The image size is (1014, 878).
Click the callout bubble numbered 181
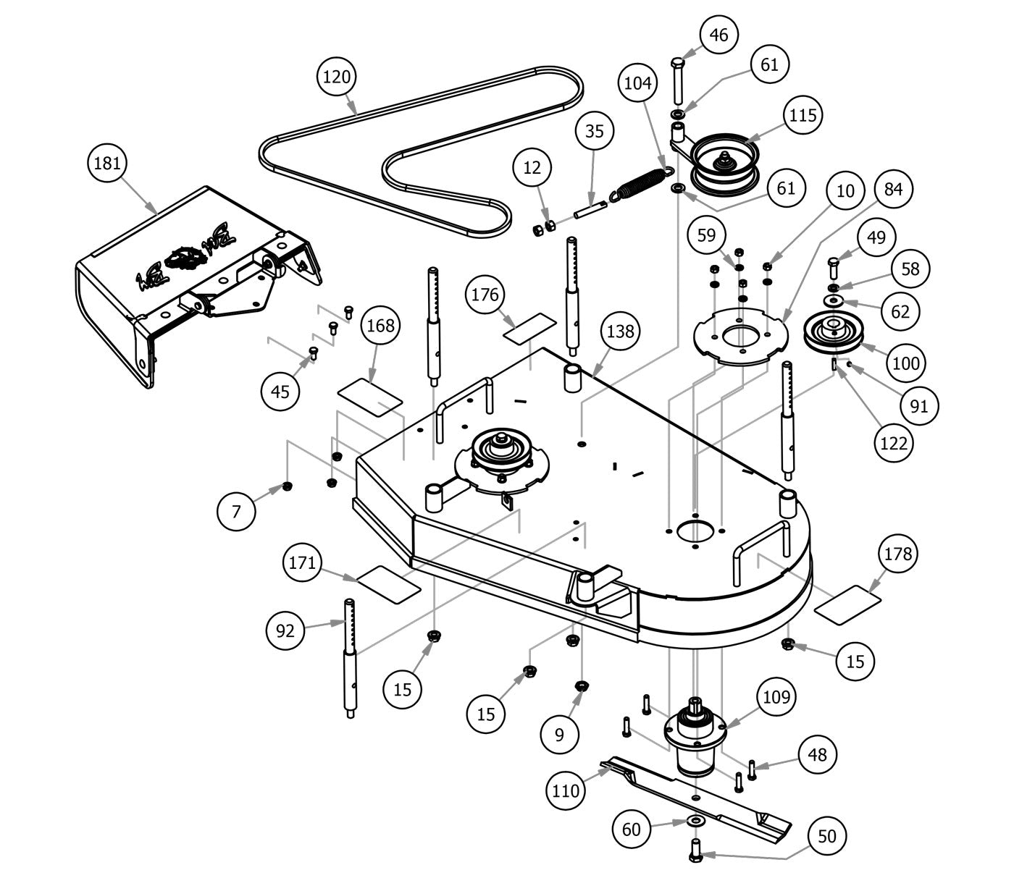coord(107,164)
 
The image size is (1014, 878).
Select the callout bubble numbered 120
coord(337,77)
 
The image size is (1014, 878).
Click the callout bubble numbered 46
coord(718,35)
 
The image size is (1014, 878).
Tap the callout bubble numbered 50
coord(826,837)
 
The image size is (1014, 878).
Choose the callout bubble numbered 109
coord(777,697)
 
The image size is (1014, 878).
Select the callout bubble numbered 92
coord(286,630)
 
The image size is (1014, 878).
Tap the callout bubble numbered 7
coord(237,512)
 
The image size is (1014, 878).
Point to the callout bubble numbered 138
coord(621,332)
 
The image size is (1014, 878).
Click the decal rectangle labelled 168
coord(369,397)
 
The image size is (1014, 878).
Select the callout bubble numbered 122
coord(893,443)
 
